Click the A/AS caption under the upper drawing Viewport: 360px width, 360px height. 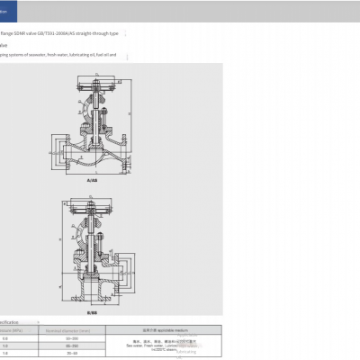pyautogui.click(x=91, y=180)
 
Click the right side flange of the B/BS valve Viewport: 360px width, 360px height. pyautogui.click(x=118, y=270)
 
